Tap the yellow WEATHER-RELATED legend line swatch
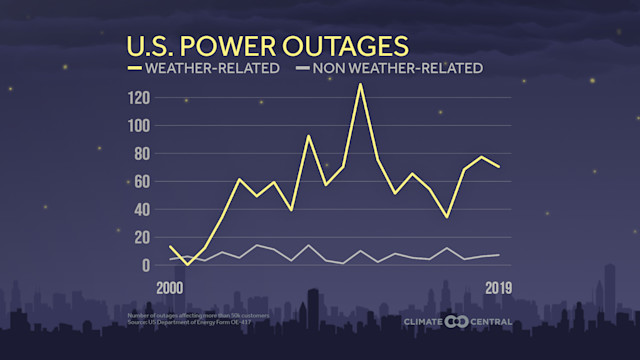pyautogui.click(x=134, y=69)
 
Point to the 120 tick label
pyautogui.click(x=138, y=98)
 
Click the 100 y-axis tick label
pyautogui.click(x=138, y=126)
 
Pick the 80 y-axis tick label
pyautogui.click(x=141, y=154)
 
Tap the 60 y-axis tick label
pyautogui.click(x=141, y=182)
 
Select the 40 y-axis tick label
pyautogui.click(x=141, y=210)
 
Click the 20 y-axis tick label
pyautogui.click(x=141, y=238)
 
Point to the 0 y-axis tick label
pyautogui.click(x=145, y=266)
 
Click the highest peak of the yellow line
pyautogui.click(x=360, y=84)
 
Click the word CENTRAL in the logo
pyautogui.click(x=490, y=322)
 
